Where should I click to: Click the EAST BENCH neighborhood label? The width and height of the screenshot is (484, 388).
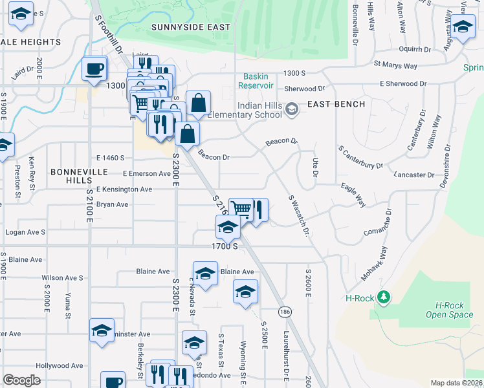(x=336, y=104)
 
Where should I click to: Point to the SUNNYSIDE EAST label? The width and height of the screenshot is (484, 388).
(x=191, y=27)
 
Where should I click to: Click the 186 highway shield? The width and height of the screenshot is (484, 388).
(x=285, y=312)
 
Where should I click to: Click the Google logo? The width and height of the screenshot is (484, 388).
(x=21, y=380)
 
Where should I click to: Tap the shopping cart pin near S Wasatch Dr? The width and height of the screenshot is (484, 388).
(x=241, y=209)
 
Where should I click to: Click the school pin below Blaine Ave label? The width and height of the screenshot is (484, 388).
(x=245, y=292)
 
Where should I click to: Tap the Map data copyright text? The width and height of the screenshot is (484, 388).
(x=456, y=383)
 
